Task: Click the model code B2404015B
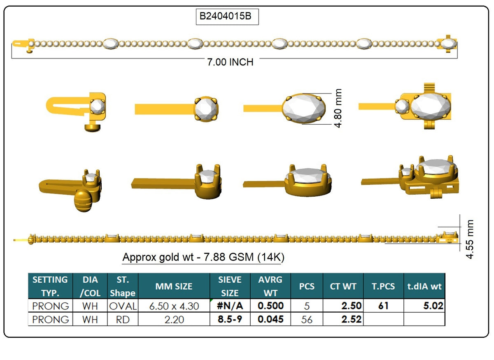point(225,16)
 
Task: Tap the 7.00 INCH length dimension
point(230,62)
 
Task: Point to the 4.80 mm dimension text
point(338,108)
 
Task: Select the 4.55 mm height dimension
point(470,239)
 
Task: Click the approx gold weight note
point(203,257)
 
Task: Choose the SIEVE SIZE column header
point(230,286)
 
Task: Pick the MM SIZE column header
point(174,286)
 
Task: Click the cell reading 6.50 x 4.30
point(174,306)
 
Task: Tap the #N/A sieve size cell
point(230,306)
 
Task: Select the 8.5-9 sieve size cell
point(230,319)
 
